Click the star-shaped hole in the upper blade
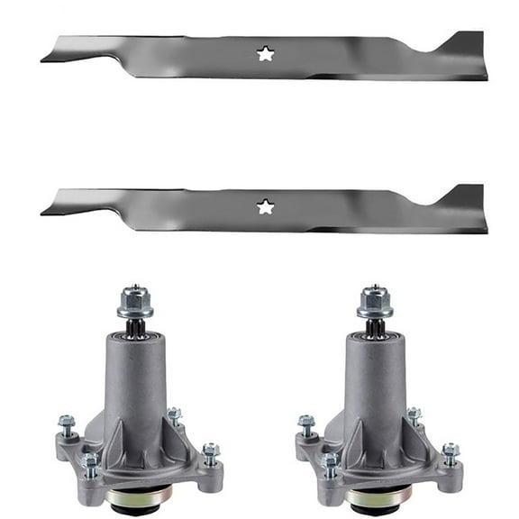pyautogui.click(x=265, y=54)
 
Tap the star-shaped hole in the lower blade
pyautogui.click(x=265, y=207)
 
